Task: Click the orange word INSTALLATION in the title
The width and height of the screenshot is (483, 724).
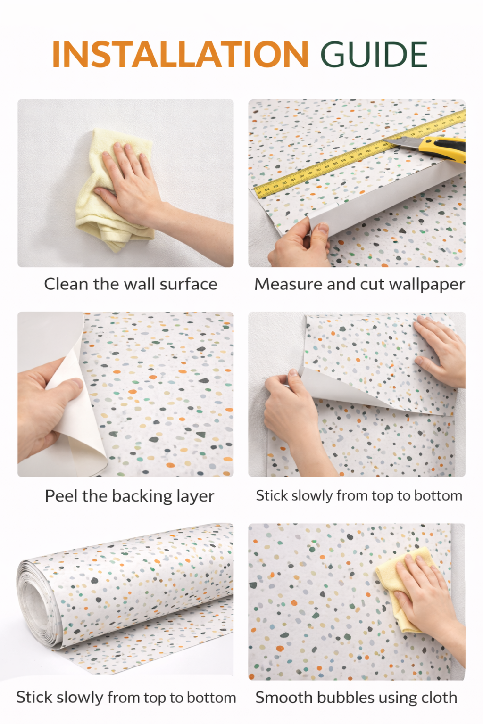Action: click(180, 54)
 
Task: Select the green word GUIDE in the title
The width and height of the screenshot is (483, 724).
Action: click(374, 54)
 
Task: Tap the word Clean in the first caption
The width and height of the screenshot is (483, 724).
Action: click(66, 284)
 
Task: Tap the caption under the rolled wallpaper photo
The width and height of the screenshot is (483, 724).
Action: click(126, 698)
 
